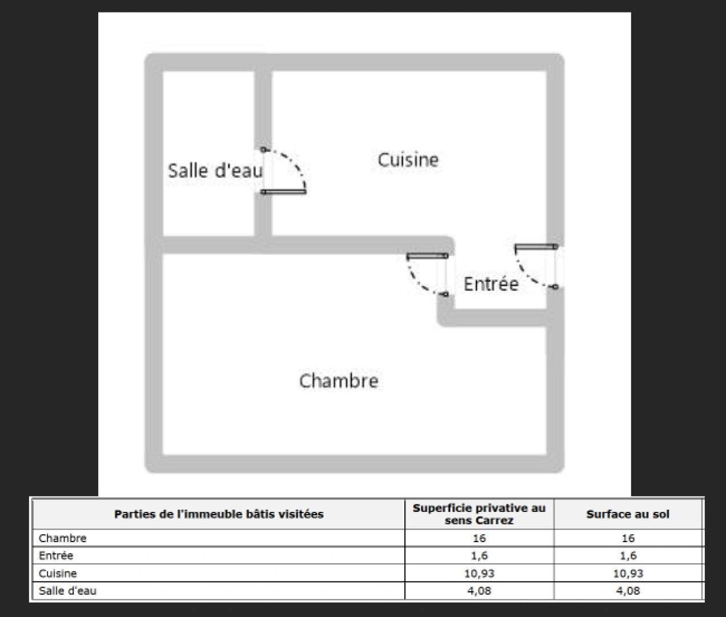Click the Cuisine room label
pyautogui.click(x=408, y=160)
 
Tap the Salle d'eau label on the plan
pyautogui.click(x=215, y=171)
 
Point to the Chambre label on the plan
pyautogui.click(x=339, y=381)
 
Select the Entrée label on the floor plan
pyautogui.click(x=491, y=284)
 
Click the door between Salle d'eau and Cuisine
pyautogui.click(x=284, y=171)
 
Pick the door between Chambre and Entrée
pyautogui.click(x=427, y=274)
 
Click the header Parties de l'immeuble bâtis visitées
pyautogui.click(x=219, y=514)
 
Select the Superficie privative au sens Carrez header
pyautogui.click(x=479, y=514)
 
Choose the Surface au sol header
pyautogui.click(x=628, y=514)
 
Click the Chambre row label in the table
pyautogui.click(x=62, y=538)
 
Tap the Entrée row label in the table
pyautogui.click(x=56, y=555)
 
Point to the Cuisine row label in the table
pyautogui.click(x=58, y=574)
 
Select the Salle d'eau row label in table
pyautogui.click(x=67, y=591)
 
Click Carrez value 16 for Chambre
pyautogui.click(x=479, y=538)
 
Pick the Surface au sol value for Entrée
pyautogui.click(x=628, y=555)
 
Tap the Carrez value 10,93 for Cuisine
pyautogui.click(x=479, y=574)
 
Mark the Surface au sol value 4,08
pyautogui.click(x=628, y=591)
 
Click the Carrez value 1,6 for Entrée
pyautogui.click(x=479, y=555)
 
